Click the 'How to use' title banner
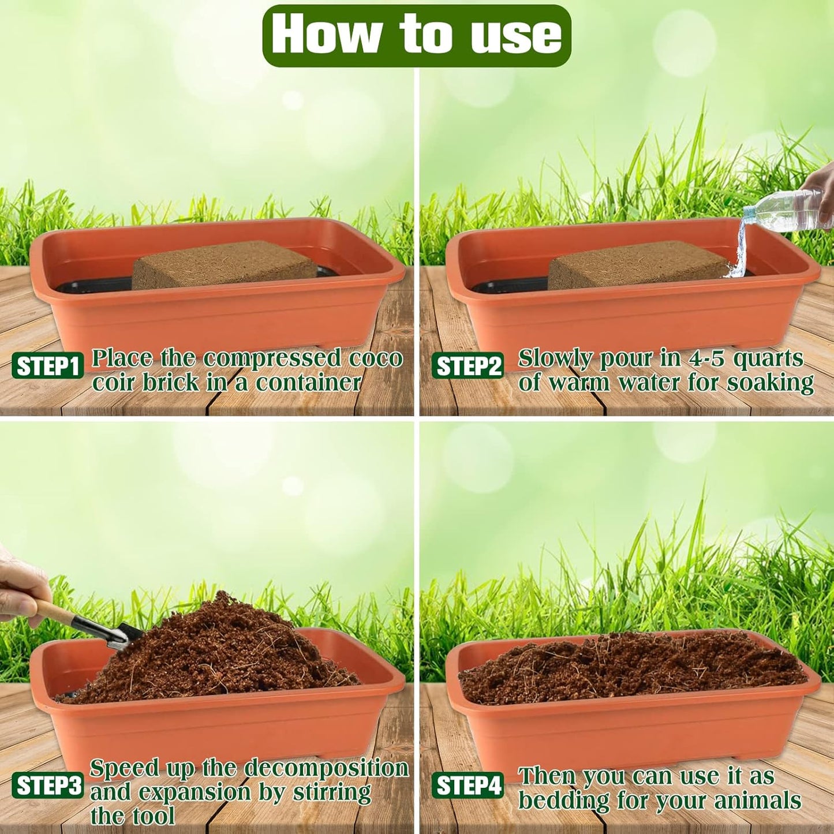(x=416, y=35)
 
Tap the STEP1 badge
(x=47, y=366)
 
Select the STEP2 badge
(x=468, y=366)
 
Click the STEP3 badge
(x=47, y=786)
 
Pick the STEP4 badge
(x=468, y=786)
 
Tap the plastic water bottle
(x=785, y=211)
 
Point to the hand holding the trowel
(x=20, y=583)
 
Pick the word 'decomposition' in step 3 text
(x=326, y=769)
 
